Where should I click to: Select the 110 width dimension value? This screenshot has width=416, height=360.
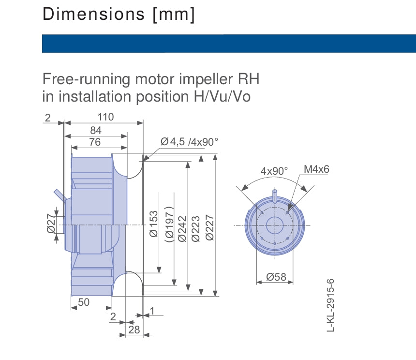pos(105,117)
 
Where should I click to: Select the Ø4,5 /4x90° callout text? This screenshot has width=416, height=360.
pos(189,142)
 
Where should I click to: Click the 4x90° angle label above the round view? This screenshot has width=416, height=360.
pos(274,171)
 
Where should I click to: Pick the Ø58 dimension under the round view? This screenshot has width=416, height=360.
pos(276,277)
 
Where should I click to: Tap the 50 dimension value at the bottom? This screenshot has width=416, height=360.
pos(84,302)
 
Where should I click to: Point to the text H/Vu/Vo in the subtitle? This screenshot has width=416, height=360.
pos(219,96)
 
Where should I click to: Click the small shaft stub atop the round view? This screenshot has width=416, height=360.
pos(275,195)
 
